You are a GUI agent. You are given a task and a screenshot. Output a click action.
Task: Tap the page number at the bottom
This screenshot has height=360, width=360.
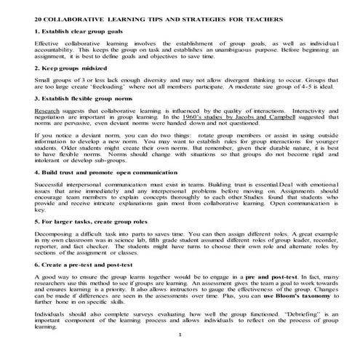pyautogui.click(x=178, y=353)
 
